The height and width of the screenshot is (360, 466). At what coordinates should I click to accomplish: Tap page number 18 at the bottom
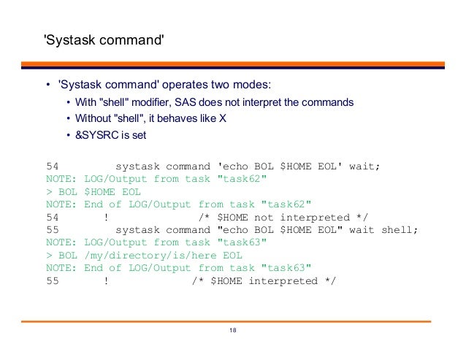click(x=233, y=332)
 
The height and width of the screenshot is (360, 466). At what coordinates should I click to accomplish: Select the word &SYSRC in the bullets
click(x=96, y=136)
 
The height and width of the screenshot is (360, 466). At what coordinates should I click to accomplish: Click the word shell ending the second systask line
click(x=400, y=230)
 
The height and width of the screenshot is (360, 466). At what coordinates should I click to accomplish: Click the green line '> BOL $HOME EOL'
click(x=93, y=192)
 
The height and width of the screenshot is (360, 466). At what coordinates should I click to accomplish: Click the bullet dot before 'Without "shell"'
click(x=67, y=119)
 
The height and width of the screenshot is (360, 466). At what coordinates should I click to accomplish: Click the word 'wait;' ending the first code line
click(x=365, y=166)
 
